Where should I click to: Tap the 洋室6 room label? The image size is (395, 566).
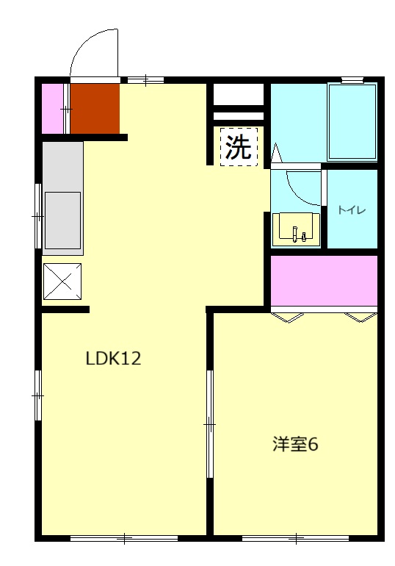click(x=295, y=445)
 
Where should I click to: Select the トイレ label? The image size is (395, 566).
click(x=352, y=210)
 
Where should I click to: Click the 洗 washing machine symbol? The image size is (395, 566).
click(x=239, y=148)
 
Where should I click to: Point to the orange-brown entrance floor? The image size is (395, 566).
click(x=95, y=108)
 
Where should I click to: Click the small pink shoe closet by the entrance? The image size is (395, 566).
click(x=53, y=109)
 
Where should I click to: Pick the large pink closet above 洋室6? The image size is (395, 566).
click(x=324, y=280)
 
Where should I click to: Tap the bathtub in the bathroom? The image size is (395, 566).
click(x=352, y=121)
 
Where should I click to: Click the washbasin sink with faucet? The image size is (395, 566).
click(x=297, y=229)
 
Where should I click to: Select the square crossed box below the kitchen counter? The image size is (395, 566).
click(x=62, y=282)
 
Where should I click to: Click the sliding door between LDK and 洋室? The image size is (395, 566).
click(x=209, y=424)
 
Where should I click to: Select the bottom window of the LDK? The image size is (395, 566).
click(x=125, y=538)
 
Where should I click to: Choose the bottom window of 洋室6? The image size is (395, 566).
click(x=295, y=538)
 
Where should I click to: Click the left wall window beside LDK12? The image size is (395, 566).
click(x=38, y=395)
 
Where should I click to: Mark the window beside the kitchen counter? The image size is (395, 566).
click(x=38, y=216)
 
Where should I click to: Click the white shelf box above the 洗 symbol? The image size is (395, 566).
click(x=239, y=95)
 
